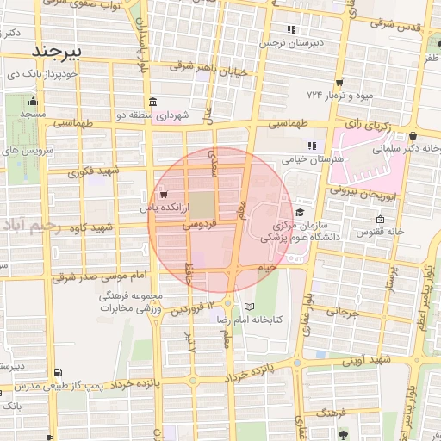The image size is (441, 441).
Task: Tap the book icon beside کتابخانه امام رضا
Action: pyautogui.click(x=250, y=307)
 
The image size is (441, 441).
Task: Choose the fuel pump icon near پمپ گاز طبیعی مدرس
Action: pyautogui.click(x=57, y=372)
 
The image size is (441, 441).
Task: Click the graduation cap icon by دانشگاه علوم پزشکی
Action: pyautogui.click(x=300, y=212)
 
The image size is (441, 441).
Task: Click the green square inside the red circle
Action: pyautogui.click(x=201, y=205)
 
